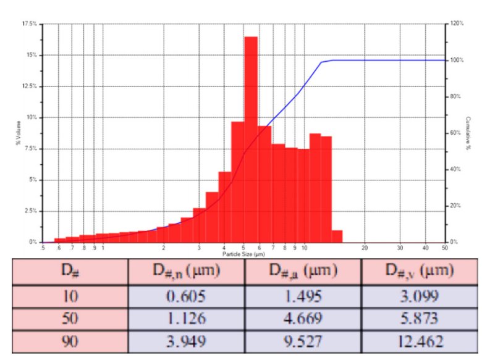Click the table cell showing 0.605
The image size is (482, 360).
click(x=186, y=297)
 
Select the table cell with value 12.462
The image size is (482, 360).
click(x=420, y=341)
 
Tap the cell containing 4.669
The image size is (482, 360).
click(x=303, y=319)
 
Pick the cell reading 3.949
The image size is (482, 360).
click(x=186, y=341)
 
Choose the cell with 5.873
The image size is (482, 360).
click(x=420, y=319)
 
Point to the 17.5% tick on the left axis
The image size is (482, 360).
click(x=29, y=23)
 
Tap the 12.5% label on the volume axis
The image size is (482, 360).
click(x=29, y=86)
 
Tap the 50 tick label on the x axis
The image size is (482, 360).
click(x=445, y=248)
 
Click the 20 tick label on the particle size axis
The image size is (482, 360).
click(x=364, y=248)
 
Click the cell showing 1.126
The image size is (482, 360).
click(x=186, y=319)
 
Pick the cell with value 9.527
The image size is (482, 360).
click(x=303, y=341)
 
